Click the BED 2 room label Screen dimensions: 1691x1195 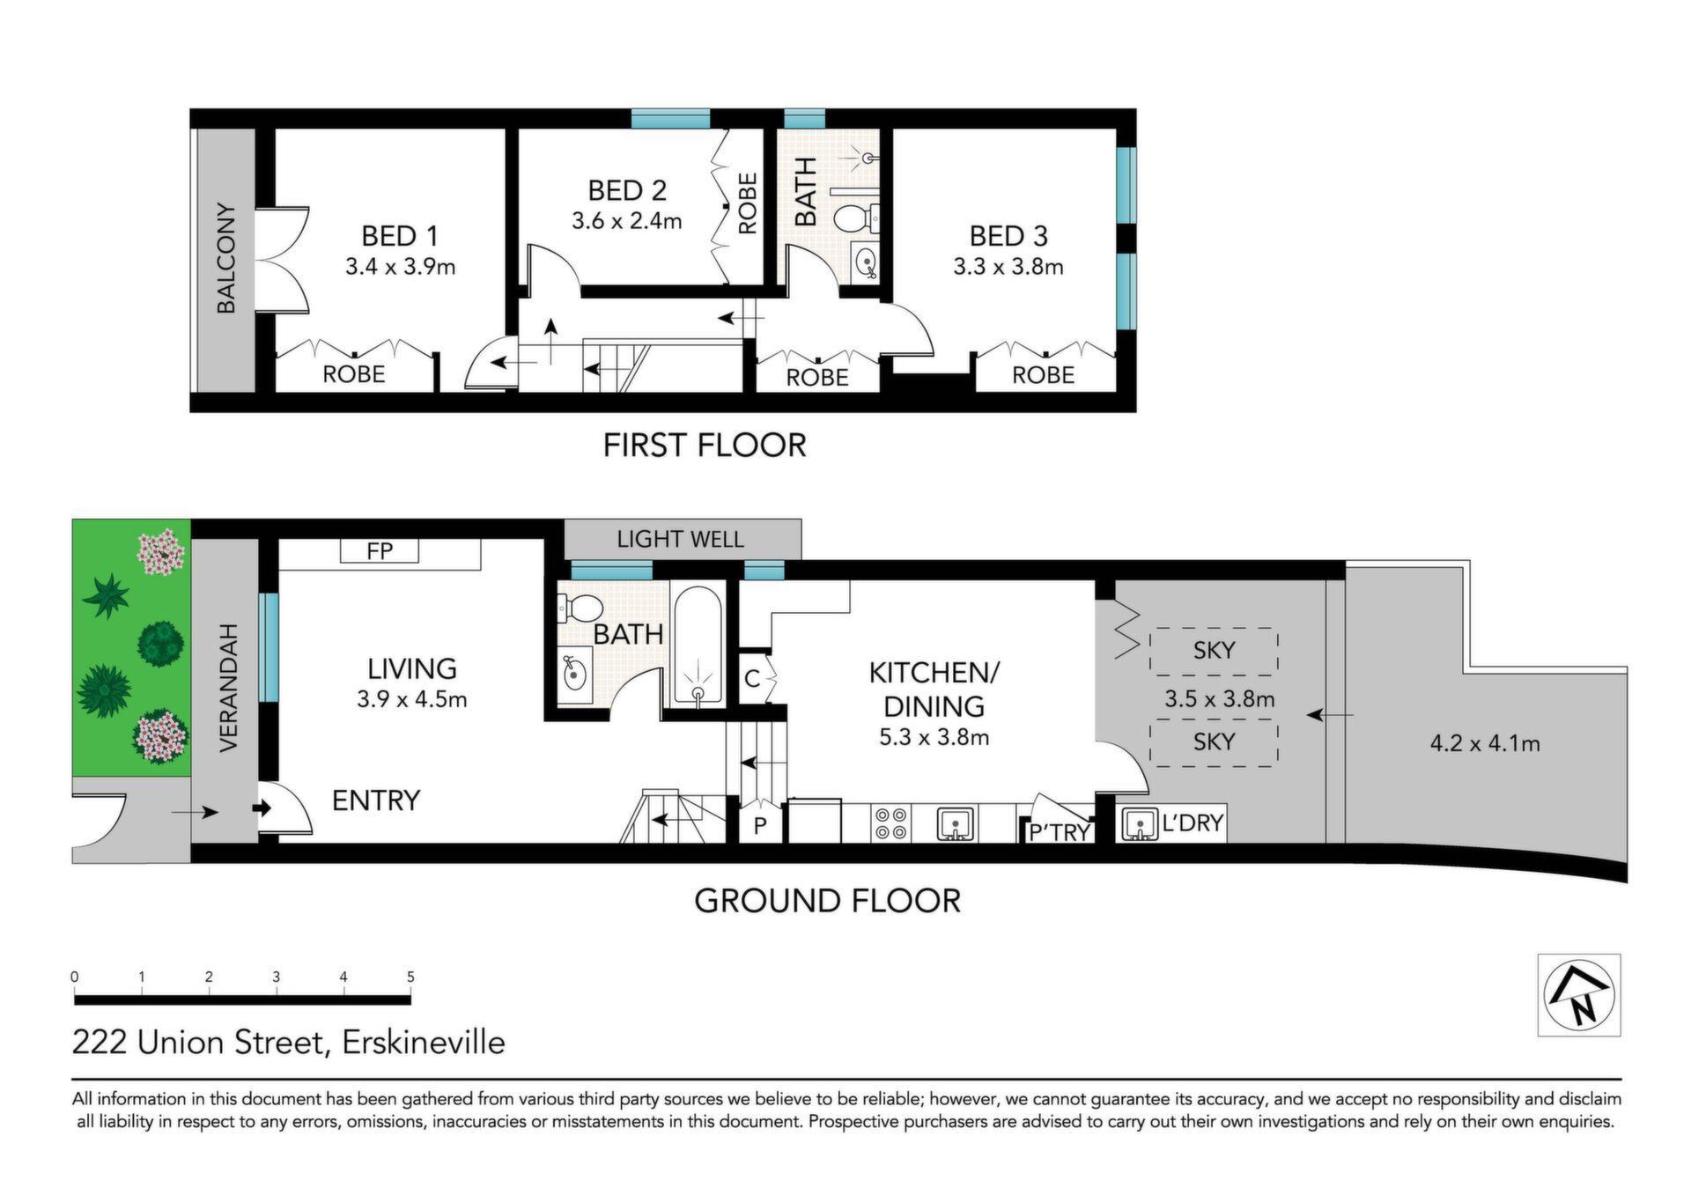627,190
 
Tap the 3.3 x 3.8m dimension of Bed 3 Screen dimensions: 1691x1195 1008,266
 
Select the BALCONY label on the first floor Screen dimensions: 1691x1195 226,258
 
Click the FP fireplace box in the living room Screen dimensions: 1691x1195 380,550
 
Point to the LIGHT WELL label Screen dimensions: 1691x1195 680,539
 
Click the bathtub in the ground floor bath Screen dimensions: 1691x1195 698,645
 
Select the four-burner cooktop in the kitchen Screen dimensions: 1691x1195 890,823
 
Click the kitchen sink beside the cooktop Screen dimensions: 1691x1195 955,823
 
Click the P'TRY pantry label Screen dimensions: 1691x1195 1060,832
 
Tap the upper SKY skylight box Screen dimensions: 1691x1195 1214,651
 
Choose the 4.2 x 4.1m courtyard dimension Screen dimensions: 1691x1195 1485,743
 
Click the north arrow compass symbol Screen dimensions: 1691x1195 1579,994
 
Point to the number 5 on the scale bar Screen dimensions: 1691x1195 410,977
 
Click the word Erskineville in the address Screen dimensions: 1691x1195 424,1043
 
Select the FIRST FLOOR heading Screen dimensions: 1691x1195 705,446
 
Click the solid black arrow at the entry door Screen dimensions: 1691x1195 262,808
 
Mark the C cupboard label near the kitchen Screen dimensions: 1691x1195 752,679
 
